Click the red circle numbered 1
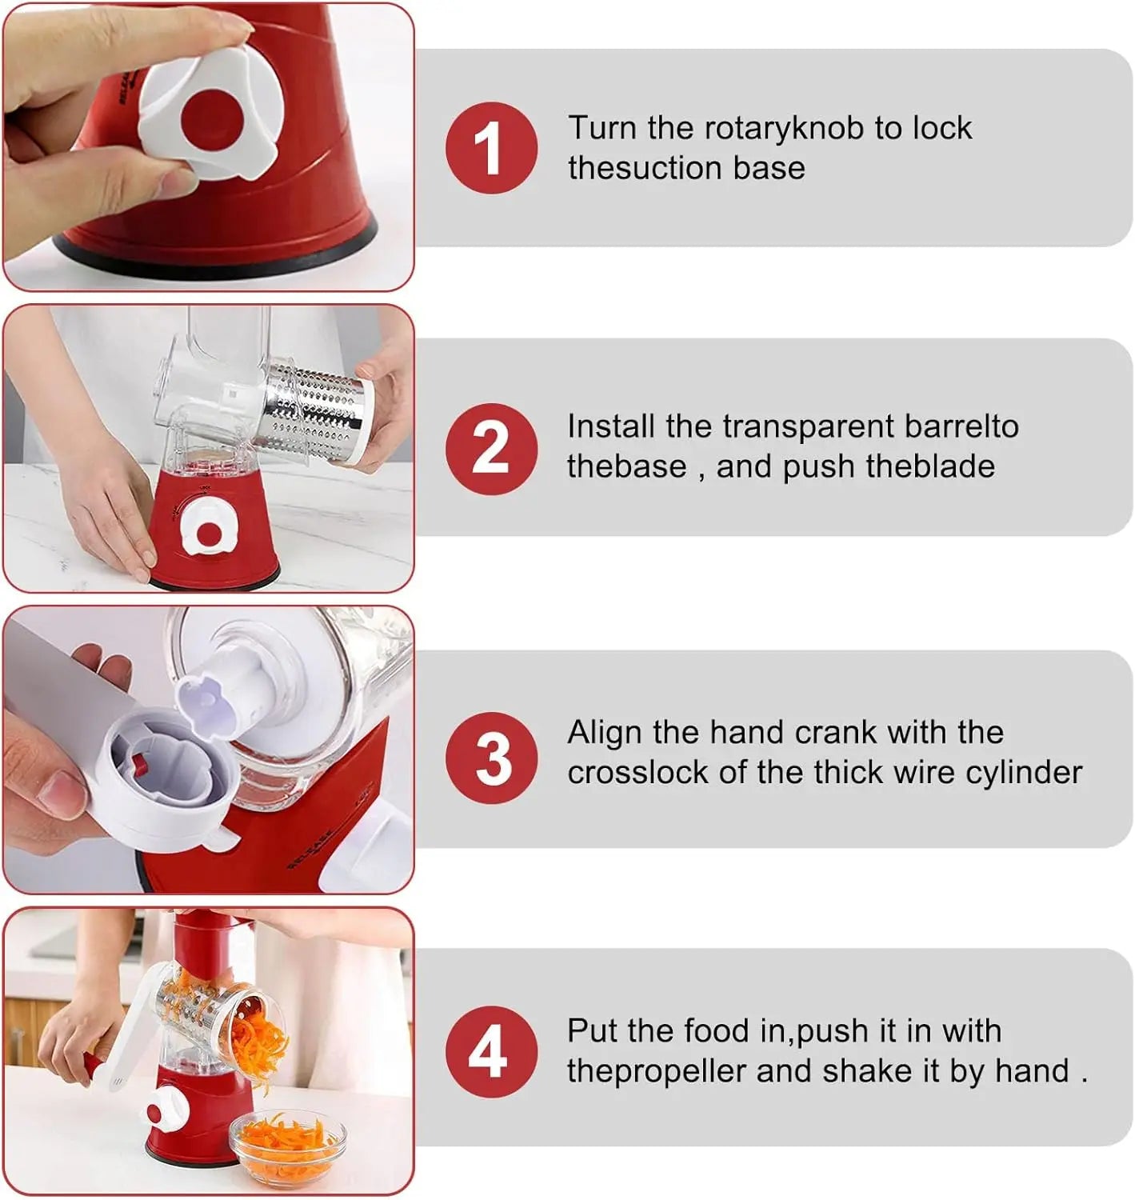click(491, 148)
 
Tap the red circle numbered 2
click(491, 449)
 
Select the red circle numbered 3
click(491, 758)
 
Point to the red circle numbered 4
click(491, 1052)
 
